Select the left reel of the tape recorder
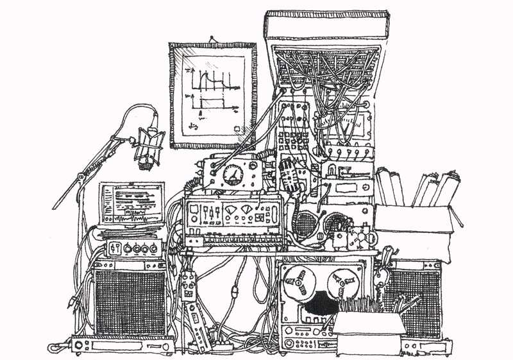[297, 281]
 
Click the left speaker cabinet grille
[130, 301]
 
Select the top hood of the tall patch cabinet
[327, 26]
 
